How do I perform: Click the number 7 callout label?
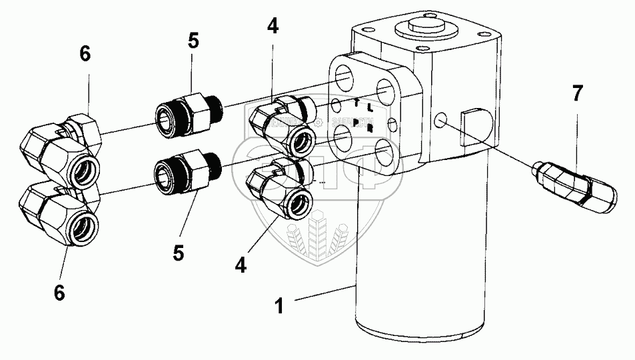click(x=577, y=94)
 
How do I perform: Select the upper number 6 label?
click(x=85, y=54)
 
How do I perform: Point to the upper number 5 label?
click(x=193, y=41)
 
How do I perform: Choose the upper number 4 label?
click(x=273, y=27)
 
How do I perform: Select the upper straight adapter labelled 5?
click(x=187, y=109)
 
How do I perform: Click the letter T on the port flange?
click(x=358, y=103)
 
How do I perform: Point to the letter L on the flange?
click(x=369, y=108)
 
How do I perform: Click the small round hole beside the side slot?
click(x=440, y=121)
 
